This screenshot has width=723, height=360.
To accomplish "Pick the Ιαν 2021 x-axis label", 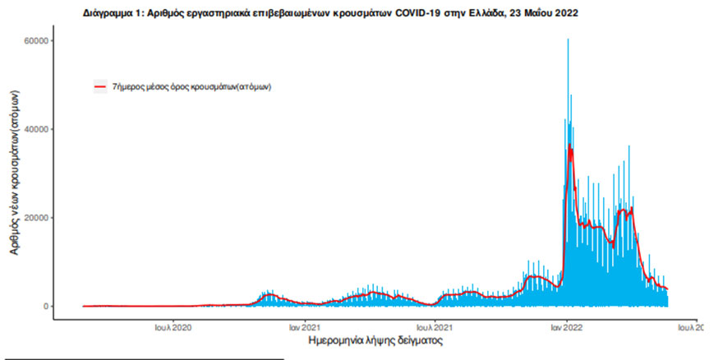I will coord(305,326).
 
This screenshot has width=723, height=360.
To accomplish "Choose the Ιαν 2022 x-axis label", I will coord(568,326).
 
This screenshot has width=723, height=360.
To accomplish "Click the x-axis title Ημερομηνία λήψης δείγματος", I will coord(375,339).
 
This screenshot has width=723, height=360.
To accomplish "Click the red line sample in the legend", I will coord(99,86).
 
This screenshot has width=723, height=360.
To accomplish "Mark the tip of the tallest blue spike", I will coord(568,39).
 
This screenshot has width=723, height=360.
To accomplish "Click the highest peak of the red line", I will coord(569,145).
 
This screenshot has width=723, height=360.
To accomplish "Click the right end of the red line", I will coord(668,289).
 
